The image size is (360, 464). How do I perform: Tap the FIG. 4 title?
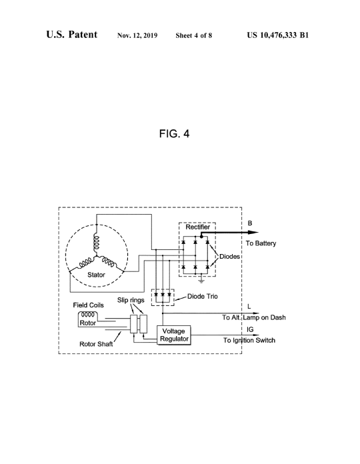[174, 134]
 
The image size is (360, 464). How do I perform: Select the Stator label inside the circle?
[96, 275]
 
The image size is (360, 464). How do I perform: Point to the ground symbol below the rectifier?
[201, 280]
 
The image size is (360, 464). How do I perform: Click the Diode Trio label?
[203, 296]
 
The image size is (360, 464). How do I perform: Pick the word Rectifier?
[197, 227]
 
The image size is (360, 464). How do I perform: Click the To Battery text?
[261, 243]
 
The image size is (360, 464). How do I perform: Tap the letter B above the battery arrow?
[250, 223]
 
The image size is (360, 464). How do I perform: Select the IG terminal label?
[250, 329]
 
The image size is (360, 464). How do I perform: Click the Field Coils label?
[89, 305]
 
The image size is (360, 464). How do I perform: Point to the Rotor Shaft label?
[96, 344]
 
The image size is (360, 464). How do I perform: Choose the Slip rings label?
[131, 300]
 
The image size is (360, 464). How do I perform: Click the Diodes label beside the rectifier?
[229, 257]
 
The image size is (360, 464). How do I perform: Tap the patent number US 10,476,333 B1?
[278, 35]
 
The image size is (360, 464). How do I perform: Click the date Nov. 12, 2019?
[137, 35]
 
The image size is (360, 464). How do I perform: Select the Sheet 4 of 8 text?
[194, 35]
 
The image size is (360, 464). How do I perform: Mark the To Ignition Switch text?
[249, 340]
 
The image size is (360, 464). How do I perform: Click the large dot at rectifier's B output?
[201, 237]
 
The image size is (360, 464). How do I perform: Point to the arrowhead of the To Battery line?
[255, 233]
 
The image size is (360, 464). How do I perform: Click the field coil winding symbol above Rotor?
[88, 314]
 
